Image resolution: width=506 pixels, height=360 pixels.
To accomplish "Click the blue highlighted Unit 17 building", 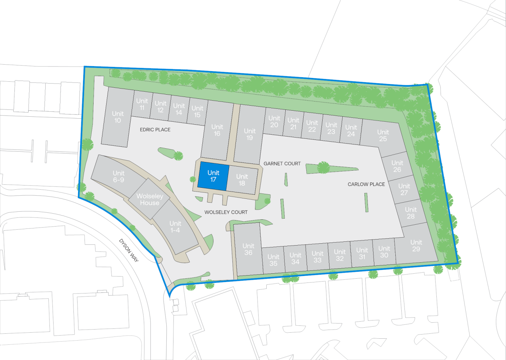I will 213,176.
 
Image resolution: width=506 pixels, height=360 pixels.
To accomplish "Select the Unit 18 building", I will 242,179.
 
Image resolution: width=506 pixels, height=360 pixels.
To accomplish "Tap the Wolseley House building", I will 150,199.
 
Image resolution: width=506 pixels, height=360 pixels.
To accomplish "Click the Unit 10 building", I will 118,117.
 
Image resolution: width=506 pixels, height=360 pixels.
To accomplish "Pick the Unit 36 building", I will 248,249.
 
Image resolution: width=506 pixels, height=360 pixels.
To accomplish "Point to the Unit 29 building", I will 416,245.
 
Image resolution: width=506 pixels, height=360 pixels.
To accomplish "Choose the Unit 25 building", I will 383,135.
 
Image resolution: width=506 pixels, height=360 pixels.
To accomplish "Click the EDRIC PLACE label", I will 155,130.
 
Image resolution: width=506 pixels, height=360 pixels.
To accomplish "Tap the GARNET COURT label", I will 282,163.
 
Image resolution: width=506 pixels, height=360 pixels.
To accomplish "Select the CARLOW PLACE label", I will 366,184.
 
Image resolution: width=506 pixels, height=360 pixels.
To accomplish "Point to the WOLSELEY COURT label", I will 226,212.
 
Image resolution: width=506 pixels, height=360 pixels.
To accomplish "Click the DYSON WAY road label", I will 129,250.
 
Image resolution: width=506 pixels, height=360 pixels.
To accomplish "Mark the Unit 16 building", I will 217,130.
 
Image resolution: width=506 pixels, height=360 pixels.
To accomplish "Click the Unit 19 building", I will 250,134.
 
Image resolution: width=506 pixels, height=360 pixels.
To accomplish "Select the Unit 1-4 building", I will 175,227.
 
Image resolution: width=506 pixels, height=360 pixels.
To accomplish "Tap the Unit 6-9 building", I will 118,176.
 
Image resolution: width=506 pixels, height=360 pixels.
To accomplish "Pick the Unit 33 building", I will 317,257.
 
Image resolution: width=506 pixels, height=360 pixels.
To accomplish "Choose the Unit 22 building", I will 312,126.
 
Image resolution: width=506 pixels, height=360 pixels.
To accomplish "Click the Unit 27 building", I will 404,189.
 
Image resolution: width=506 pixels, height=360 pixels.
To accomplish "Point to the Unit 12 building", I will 160,106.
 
